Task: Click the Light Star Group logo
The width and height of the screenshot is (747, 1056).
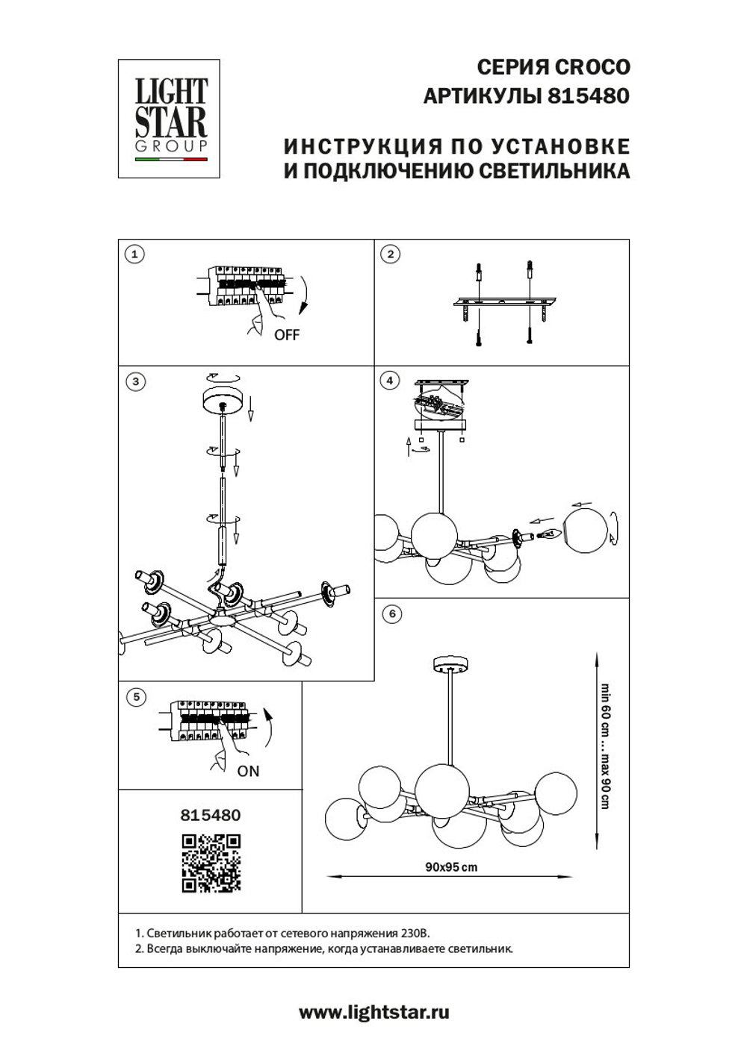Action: click(x=170, y=119)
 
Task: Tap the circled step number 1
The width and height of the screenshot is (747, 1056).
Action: click(x=134, y=254)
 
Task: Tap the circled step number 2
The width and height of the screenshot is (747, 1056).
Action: click(x=390, y=254)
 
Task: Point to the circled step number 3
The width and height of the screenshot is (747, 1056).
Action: click(x=134, y=381)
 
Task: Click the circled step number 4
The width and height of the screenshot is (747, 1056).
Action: click(x=390, y=381)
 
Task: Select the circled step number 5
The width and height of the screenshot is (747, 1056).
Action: click(x=135, y=697)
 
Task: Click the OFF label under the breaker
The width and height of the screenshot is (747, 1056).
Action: click(x=286, y=335)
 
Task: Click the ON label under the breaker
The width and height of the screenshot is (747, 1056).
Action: click(x=248, y=771)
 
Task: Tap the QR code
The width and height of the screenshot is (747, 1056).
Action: click(x=211, y=863)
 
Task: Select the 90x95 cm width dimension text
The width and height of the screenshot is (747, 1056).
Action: click(x=451, y=867)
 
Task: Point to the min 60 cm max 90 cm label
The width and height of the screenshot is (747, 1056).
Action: click(x=605, y=746)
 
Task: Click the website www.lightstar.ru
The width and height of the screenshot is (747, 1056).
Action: click(x=374, y=1013)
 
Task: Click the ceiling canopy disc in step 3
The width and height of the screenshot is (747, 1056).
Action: click(x=223, y=399)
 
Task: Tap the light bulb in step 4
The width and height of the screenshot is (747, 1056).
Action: click(x=550, y=534)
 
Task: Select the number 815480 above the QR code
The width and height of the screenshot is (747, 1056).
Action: click(x=211, y=815)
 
